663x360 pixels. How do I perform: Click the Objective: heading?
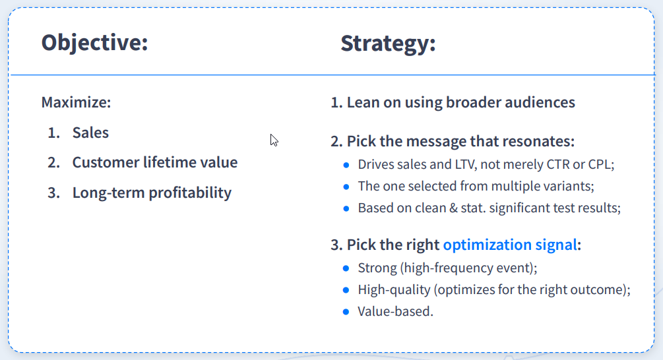(95, 43)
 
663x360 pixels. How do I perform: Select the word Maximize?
(76, 102)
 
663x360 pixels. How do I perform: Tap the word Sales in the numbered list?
(90, 133)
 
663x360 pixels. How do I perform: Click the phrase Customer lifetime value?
(155, 162)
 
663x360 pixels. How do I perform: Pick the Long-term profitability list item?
(152, 193)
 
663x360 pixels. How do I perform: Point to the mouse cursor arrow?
(274, 140)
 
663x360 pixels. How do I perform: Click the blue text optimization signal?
(509, 245)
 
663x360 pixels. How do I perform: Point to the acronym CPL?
(600, 164)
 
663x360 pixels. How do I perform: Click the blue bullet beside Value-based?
(346, 312)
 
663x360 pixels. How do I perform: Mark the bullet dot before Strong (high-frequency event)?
(346, 268)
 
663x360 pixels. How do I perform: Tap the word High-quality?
(394, 290)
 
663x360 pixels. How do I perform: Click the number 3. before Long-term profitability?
(53, 193)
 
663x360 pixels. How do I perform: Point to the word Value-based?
(395, 311)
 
